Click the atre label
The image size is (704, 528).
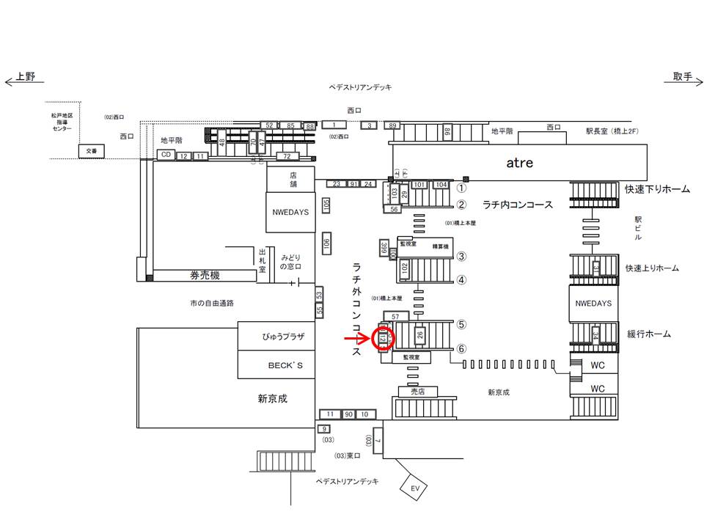519,163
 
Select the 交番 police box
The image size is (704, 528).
91,151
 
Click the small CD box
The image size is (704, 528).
166,155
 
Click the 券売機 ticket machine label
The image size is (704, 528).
205,276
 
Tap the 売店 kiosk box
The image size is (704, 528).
417,392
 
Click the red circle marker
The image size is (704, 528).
384,339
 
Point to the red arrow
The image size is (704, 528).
359,339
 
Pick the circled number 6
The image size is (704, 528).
462,348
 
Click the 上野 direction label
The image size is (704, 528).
26,78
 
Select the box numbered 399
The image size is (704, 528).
384,249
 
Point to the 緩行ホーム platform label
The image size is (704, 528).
648,334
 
